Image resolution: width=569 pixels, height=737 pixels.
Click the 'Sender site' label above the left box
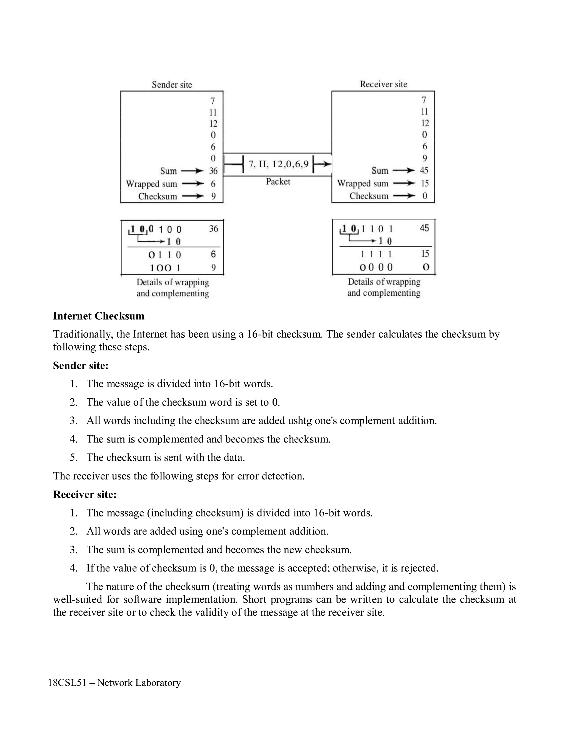(172, 84)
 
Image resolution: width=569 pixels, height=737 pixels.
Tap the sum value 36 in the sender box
(213, 171)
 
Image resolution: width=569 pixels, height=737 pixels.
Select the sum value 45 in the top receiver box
(424, 170)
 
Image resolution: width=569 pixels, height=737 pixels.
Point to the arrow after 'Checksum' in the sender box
(193, 196)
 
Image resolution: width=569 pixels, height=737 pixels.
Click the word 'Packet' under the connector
(278, 182)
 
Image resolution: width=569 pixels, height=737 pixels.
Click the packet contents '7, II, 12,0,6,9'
(278, 164)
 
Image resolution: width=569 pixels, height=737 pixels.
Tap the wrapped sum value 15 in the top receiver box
(425, 183)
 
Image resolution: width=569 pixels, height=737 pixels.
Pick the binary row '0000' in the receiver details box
(376, 267)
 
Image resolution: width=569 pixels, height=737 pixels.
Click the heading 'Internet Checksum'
(98, 316)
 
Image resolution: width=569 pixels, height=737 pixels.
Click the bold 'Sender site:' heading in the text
(81, 365)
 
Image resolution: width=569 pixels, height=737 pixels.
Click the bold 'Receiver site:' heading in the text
(85, 494)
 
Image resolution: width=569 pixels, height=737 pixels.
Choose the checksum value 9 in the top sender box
(213, 196)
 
